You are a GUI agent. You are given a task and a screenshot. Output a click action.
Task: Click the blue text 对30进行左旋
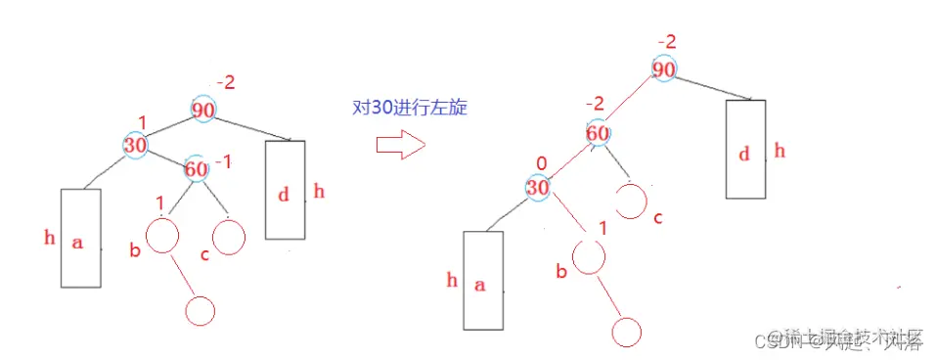point(408,109)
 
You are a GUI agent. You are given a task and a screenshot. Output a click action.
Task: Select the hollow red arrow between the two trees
point(400,146)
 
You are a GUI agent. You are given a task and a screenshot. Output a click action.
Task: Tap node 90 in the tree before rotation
point(203,111)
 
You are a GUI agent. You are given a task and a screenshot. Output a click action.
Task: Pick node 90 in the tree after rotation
point(665,69)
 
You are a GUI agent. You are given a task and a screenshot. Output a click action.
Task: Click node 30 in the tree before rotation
point(135,146)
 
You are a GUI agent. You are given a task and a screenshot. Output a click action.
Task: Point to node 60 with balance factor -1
point(196,169)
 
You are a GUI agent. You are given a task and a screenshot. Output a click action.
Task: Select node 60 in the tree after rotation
point(599,133)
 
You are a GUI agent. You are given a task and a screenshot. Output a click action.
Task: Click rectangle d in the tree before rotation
point(285,190)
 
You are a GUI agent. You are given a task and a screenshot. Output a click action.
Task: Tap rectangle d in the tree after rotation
point(745,149)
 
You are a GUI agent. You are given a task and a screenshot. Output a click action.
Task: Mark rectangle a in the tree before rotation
point(80,238)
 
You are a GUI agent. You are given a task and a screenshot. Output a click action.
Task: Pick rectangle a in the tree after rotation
point(482,280)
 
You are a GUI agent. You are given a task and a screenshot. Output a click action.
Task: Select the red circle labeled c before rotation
point(228,238)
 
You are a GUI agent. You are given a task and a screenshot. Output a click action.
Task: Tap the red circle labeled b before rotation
point(162,236)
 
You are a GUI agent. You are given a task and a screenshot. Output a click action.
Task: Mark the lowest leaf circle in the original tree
point(200,310)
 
